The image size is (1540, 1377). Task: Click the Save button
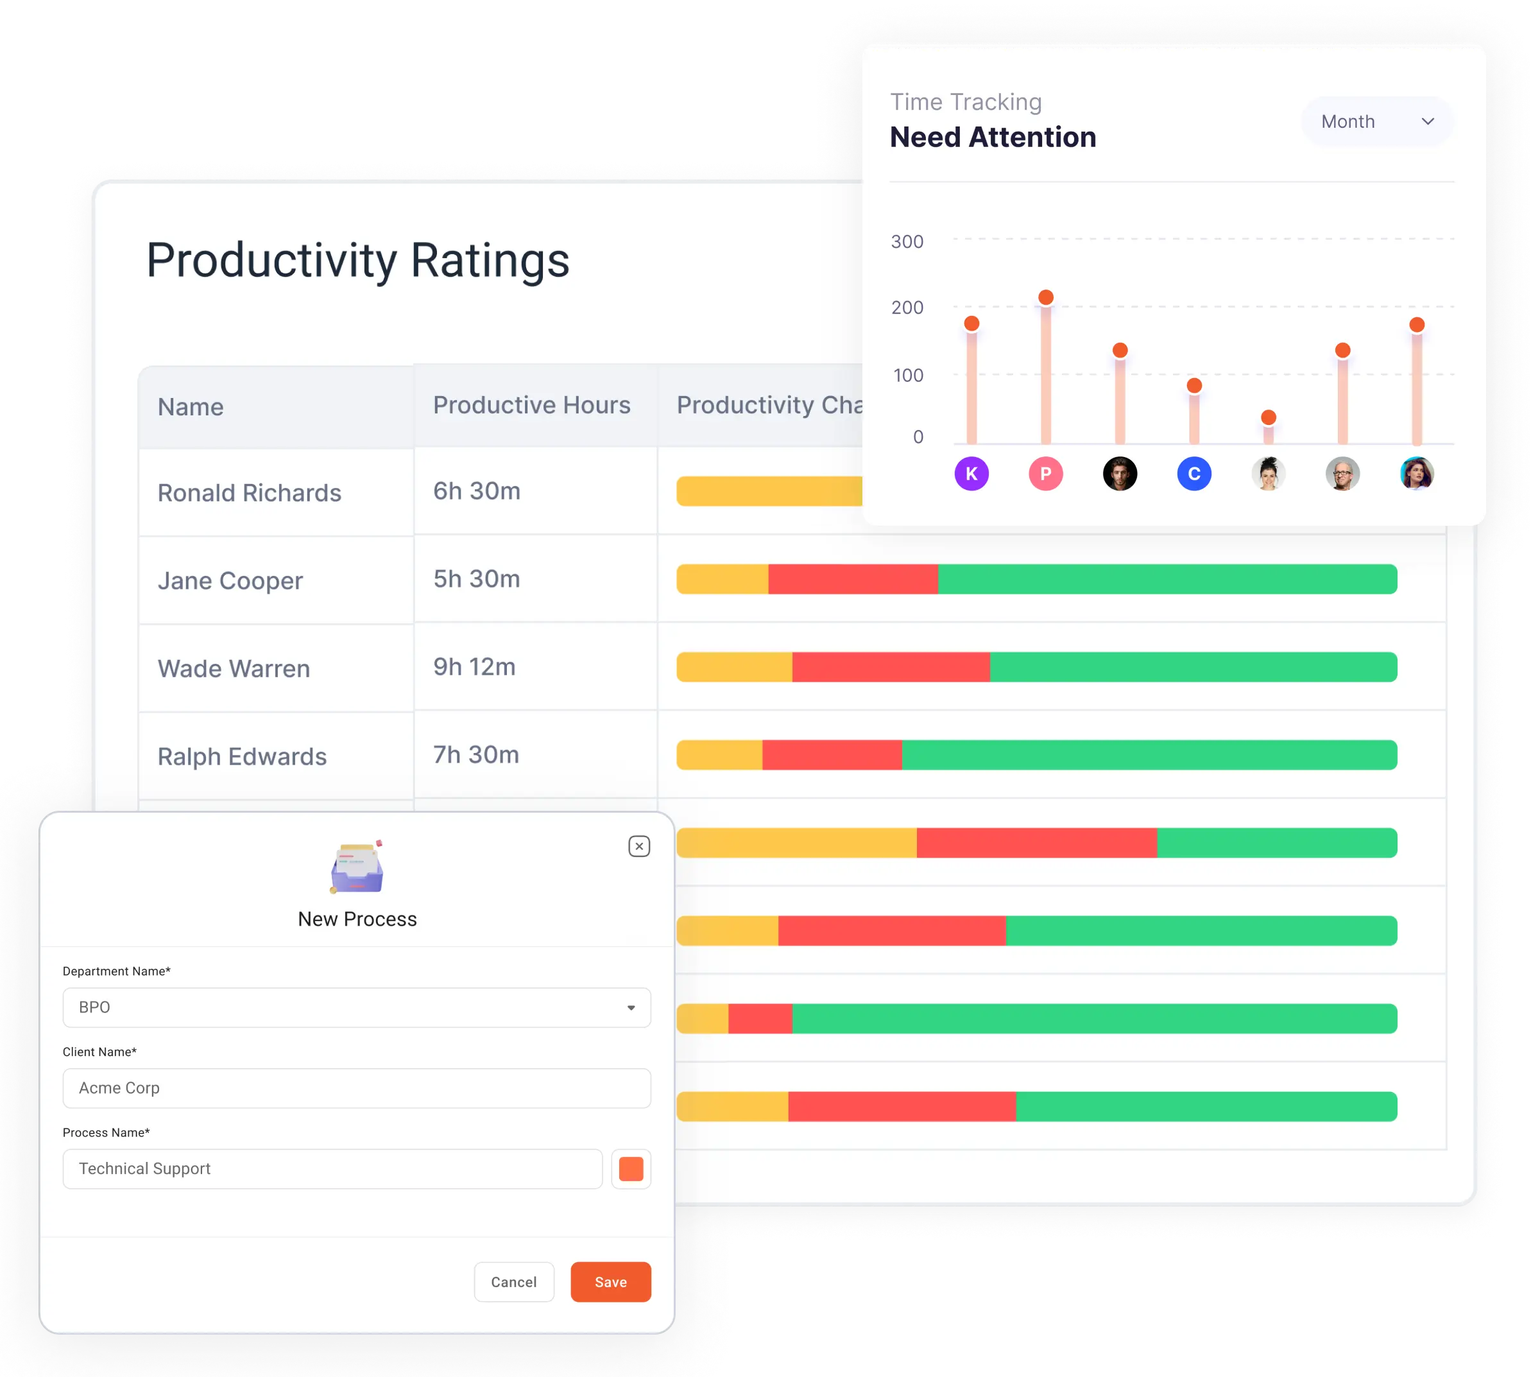610,1281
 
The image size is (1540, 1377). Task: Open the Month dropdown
1376,122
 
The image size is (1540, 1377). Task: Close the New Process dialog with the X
639,846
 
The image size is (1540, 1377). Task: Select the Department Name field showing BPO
356,1008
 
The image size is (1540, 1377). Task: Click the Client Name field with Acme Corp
356,1088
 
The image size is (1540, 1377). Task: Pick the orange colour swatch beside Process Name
631,1169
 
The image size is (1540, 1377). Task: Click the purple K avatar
971,474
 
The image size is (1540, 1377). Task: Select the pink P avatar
1045,474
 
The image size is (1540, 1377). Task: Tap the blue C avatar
1193,474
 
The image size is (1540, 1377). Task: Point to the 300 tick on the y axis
907,242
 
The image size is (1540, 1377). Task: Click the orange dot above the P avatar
1046,297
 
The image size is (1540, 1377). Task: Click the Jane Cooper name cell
230,581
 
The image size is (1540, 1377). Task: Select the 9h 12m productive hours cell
474,666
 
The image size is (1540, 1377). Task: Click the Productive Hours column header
531,406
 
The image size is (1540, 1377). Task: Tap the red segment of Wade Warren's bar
890,666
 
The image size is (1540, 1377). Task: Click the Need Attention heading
993,137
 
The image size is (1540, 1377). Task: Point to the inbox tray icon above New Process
357,868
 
